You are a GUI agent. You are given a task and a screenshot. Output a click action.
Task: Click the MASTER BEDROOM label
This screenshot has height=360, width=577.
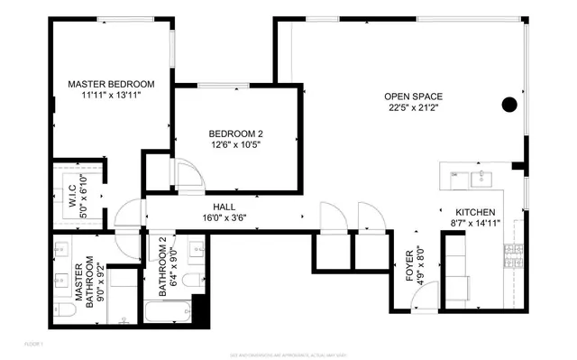[x=112, y=84]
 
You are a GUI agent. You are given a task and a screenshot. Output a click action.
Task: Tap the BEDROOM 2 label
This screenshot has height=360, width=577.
[x=237, y=134]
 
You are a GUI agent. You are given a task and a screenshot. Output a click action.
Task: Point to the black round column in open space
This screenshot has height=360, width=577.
[x=509, y=103]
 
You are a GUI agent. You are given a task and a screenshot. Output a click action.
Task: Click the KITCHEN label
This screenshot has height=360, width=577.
[x=475, y=212]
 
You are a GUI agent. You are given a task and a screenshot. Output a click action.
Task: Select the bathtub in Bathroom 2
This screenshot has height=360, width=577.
[x=169, y=311]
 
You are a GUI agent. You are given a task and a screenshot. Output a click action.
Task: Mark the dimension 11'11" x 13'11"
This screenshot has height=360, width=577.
[x=112, y=96]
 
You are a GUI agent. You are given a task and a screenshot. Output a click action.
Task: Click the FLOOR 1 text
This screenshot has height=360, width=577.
[x=33, y=344]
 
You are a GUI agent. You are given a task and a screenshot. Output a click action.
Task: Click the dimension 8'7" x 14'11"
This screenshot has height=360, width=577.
[x=475, y=224]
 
